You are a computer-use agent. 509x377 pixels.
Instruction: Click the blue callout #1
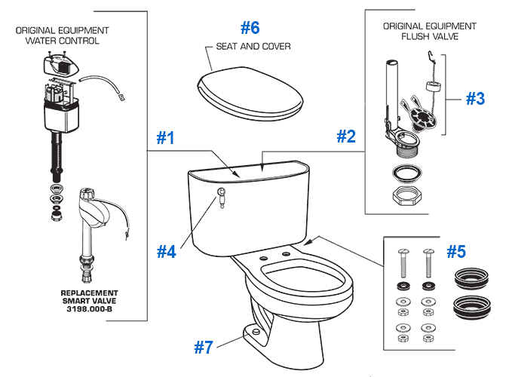pos(165,139)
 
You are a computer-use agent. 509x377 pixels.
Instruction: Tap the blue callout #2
pos(345,136)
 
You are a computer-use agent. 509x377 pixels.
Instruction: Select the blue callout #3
pos(475,99)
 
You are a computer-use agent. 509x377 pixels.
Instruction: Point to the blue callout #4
pos(167,251)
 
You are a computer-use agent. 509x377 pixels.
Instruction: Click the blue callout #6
pos(250,28)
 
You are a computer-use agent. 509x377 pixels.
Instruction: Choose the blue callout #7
pos(204,347)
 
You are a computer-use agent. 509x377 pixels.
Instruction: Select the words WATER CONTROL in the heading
pos(62,41)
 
